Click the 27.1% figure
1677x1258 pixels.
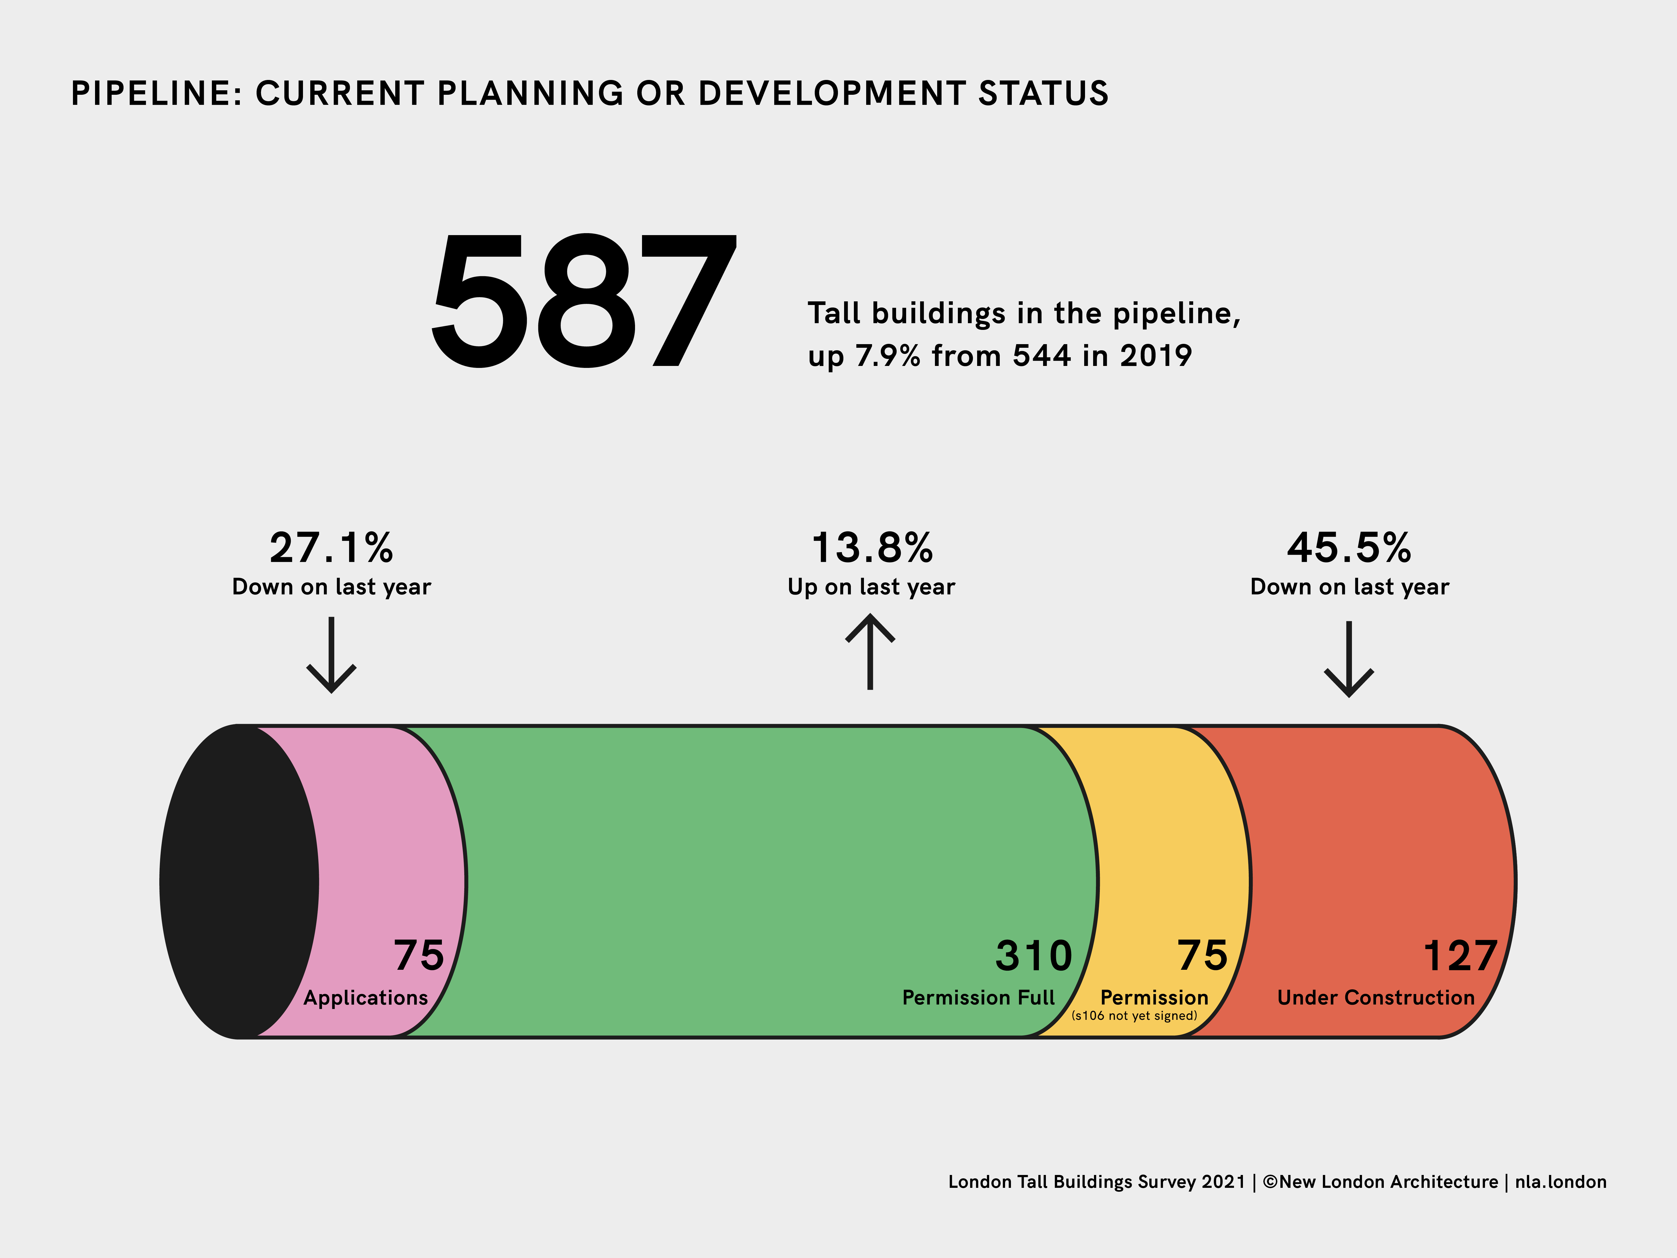(331, 547)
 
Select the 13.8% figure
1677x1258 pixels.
(872, 547)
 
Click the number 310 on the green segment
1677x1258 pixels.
(1033, 956)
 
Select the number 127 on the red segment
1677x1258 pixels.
(1460, 956)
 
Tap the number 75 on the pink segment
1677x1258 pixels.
(418, 956)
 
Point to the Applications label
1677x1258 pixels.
(365, 998)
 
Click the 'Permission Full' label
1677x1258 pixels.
(978, 998)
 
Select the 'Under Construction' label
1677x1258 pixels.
(1375, 998)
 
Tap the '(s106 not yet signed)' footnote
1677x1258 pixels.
(1134, 1016)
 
